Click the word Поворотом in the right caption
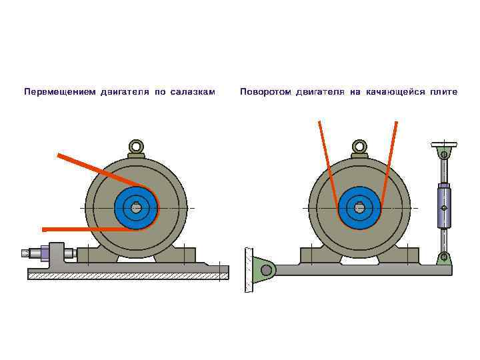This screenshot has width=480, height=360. coord(265,92)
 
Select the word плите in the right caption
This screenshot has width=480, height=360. coord(444,92)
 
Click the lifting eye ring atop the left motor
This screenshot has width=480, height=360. coord(136,146)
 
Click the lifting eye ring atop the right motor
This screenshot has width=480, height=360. coord(360,146)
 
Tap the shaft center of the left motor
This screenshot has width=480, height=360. coord(136,207)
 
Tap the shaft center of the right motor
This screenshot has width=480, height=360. coord(360,207)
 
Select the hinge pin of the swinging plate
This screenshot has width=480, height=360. coord(267,269)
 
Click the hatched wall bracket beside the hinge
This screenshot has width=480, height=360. coord(249,269)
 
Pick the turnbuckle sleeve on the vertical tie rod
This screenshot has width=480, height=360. coord(444,207)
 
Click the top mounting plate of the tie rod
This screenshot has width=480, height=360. coord(444,143)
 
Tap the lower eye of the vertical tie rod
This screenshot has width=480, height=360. coord(444,257)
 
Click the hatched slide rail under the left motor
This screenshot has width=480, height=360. coord(127,273)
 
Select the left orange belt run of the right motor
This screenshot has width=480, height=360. coord(327,163)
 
